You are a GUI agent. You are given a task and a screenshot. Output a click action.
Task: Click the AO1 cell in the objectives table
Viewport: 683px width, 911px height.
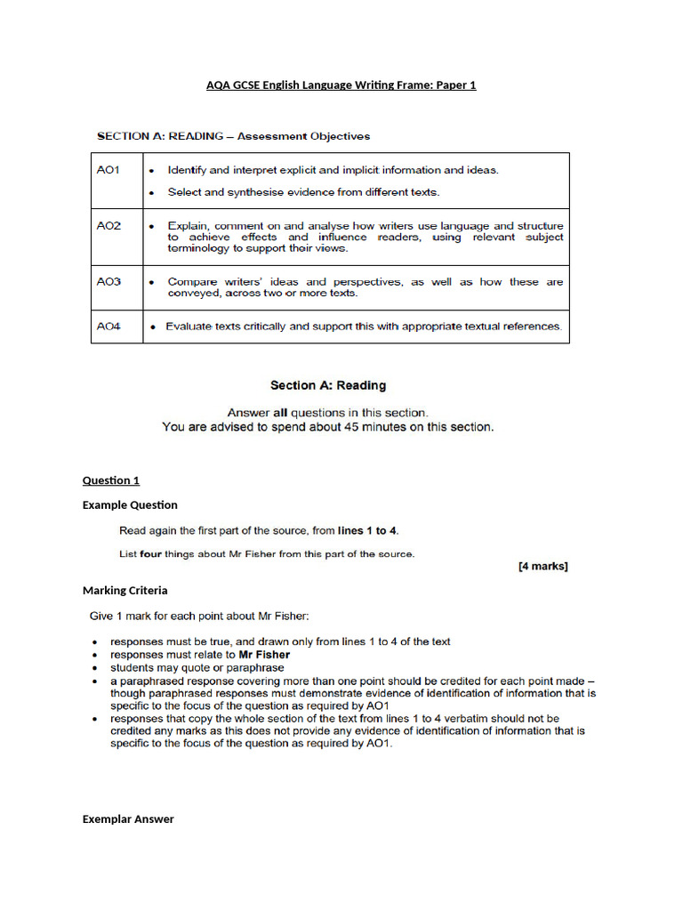coord(108,169)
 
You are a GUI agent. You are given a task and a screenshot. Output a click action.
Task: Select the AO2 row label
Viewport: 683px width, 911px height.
coord(108,226)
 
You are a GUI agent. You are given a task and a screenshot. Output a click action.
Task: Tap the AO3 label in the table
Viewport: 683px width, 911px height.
coord(108,281)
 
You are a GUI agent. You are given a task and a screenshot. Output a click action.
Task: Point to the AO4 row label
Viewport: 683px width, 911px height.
coord(108,327)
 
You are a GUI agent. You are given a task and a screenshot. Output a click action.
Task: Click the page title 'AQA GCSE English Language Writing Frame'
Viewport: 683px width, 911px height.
coord(341,85)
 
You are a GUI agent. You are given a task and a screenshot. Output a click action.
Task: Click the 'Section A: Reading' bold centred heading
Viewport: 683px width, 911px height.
coord(328,385)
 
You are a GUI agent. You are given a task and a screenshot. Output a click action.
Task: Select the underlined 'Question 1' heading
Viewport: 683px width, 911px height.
coord(111,480)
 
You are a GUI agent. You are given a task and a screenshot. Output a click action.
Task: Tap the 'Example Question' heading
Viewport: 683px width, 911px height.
coord(130,504)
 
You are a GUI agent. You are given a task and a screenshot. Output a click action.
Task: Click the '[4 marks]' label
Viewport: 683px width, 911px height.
coord(542,566)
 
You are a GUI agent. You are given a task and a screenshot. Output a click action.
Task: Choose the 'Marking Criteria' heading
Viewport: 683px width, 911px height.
coord(125,590)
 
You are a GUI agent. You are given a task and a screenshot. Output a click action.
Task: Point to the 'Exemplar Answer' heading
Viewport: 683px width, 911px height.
coord(128,818)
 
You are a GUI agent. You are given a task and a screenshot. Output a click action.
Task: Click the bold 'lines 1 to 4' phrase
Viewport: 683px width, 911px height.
coord(368,531)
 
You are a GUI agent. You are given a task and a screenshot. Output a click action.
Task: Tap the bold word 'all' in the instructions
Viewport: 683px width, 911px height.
coord(280,413)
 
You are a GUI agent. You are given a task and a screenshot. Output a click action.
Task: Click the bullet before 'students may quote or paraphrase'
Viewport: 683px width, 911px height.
coord(95,667)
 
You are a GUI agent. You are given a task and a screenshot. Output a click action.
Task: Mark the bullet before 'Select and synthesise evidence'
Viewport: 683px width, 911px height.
coord(152,192)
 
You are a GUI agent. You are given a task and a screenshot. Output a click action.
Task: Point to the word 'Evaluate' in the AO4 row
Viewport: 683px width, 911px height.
coord(191,327)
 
